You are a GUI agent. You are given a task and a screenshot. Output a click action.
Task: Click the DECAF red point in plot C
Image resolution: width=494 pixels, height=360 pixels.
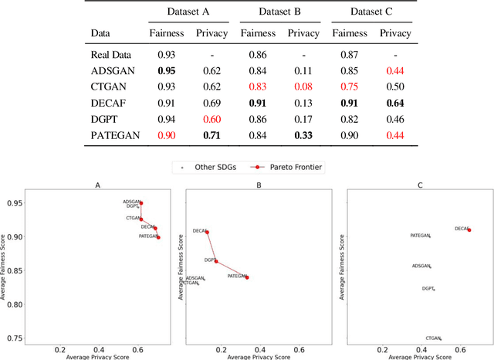tap(469, 229)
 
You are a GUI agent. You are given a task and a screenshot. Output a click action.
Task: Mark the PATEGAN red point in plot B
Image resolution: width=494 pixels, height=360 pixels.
tap(247, 277)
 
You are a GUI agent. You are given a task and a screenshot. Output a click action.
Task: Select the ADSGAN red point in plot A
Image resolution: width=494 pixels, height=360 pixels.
tap(140, 203)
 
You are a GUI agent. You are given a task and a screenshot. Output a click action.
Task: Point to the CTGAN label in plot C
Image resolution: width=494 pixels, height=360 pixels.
tap(432, 338)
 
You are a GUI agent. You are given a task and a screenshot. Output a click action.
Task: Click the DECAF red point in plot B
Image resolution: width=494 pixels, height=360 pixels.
tap(207, 231)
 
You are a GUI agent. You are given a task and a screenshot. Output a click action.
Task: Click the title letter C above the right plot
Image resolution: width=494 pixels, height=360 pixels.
tap(420, 185)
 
